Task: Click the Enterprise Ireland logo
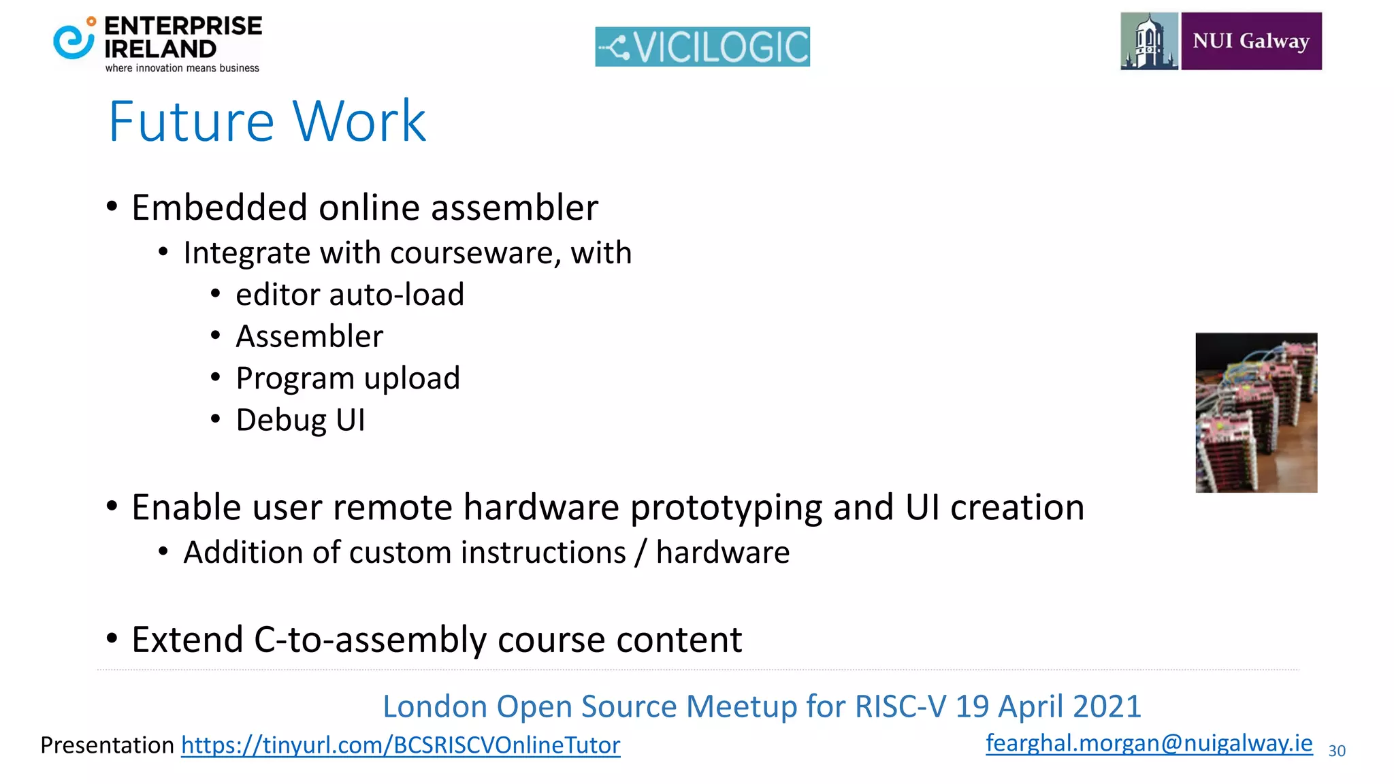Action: click(x=157, y=44)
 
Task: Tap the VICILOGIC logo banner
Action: click(x=702, y=46)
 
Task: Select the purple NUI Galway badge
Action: click(x=1251, y=41)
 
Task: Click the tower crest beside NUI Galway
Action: click(x=1149, y=41)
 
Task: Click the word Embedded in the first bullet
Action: click(x=220, y=208)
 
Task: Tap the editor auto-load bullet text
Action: click(x=350, y=295)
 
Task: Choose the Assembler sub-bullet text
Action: click(x=309, y=336)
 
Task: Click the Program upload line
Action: click(x=348, y=378)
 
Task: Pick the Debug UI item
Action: click(x=300, y=420)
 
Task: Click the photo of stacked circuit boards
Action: click(x=1256, y=412)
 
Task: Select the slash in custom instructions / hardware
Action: click(x=640, y=552)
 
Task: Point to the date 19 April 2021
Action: click(x=1048, y=706)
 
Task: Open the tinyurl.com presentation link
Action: click(x=400, y=745)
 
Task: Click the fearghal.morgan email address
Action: click(x=1148, y=742)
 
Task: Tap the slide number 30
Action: click(x=1336, y=751)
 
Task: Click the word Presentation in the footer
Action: click(x=108, y=745)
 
